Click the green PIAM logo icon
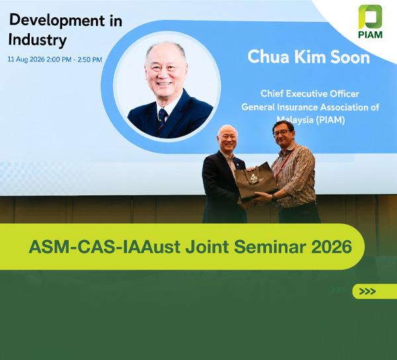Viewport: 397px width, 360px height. pyautogui.click(x=370, y=17)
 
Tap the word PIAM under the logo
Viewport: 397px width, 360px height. pyautogui.click(x=370, y=34)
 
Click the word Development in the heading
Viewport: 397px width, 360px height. pyautogui.click(x=57, y=21)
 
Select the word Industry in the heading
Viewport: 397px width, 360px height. pyautogui.click(x=38, y=40)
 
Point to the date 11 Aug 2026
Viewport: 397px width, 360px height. pyautogui.click(x=26, y=60)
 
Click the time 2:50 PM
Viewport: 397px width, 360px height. pyautogui.click(x=90, y=60)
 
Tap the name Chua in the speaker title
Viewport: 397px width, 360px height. pyautogui.click(x=268, y=57)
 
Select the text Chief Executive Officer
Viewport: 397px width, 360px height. pyautogui.click(x=310, y=94)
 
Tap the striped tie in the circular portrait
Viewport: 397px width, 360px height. pyautogui.click(x=162, y=120)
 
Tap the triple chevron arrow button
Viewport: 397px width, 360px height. pyautogui.click(x=367, y=291)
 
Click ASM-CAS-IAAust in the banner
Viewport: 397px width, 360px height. pyautogui.click(x=105, y=247)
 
